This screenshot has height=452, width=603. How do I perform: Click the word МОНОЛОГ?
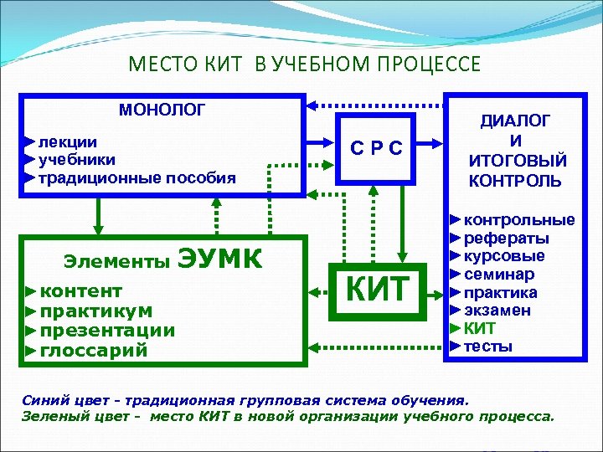pyautogui.click(x=161, y=110)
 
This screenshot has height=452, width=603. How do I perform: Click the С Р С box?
pyautogui.click(x=376, y=149)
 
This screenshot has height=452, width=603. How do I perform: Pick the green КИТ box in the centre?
pyautogui.click(x=378, y=289)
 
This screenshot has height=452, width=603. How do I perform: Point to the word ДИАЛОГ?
pyautogui.click(x=515, y=121)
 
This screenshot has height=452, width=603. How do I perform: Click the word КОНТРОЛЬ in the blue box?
pyautogui.click(x=515, y=181)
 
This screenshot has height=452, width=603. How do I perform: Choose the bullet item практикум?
pyautogui.click(x=96, y=311)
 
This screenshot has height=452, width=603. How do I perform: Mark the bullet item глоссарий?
pyautogui.click(x=94, y=350)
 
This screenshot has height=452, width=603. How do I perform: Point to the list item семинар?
pyautogui.click(x=499, y=275)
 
